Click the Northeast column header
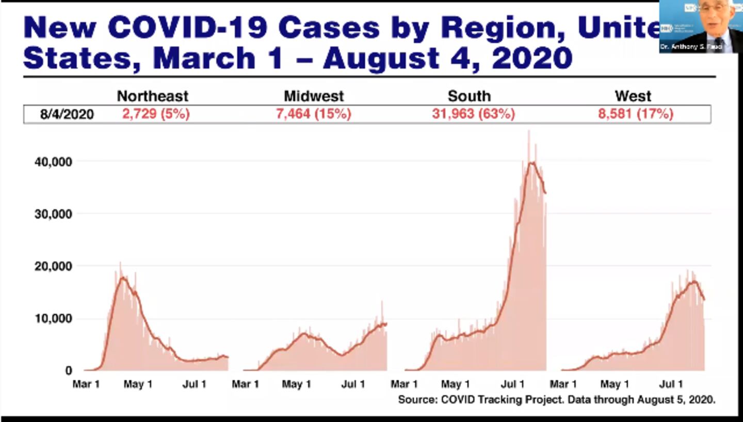[x=152, y=96]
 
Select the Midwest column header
[x=314, y=96]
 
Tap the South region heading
[x=469, y=96]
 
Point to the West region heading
[x=633, y=96]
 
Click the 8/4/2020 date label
[x=67, y=114]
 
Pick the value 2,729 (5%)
[x=156, y=114]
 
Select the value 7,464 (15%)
[x=314, y=114]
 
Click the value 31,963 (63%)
[x=473, y=114]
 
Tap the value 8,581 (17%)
[x=636, y=114]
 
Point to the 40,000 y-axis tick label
[x=53, y=162]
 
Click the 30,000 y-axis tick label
[x=53, y=214]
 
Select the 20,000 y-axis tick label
[x=53, y=266]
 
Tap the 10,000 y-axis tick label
[x=53, y=319]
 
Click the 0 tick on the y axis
[x=69, y=370]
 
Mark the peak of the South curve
[x=532, y=163]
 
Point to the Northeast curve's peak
[x=123, y=278]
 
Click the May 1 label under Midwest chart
[x=296, y=384]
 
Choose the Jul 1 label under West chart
[x=672, y=384]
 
